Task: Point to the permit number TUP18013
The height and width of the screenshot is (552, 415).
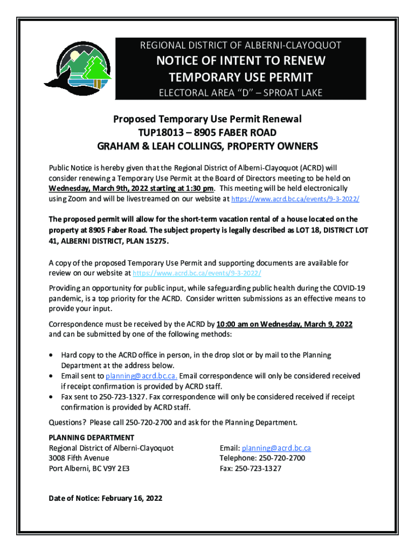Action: coord(162,132)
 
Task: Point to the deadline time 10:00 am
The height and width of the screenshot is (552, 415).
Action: coord(231,325)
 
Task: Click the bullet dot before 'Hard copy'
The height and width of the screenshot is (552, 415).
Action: coord(51,356)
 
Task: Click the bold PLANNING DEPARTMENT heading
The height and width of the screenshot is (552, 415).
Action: coord(92,437)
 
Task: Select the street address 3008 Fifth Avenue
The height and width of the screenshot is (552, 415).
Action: coord(79,458)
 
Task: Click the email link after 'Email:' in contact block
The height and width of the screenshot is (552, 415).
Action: coord(276,448)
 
